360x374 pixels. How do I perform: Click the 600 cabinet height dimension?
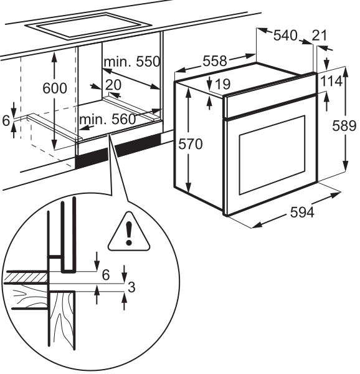point(55,89)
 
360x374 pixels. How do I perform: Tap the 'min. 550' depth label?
point(132,62)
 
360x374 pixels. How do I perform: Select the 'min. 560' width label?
point(108,119)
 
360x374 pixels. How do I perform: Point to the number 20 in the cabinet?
point(113,85)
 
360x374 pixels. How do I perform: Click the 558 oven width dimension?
point(215,61)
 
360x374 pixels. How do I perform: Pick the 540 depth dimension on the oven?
point(285,36)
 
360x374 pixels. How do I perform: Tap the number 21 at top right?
point(320,36)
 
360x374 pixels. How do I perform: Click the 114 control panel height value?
point(331,81)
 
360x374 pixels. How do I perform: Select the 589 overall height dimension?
point(344,126)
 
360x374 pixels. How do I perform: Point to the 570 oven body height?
point(191,144)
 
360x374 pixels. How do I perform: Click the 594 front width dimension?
point(302,212)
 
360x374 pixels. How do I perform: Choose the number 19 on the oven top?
point(223,84)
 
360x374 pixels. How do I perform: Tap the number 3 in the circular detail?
point(131,287)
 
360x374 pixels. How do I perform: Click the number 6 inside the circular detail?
point(106,275)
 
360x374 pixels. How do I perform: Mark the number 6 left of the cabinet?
point(6,121)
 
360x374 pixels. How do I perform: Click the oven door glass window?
point(272,155)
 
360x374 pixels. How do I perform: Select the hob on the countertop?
point(88,26)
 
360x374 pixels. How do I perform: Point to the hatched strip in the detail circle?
point(26,278)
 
